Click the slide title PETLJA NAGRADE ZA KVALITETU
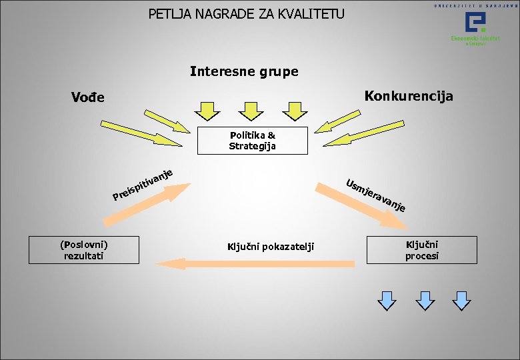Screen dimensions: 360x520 click(246, 13)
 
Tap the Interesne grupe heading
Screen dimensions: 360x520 click(244, 71)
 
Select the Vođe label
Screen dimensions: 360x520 click(88, 98)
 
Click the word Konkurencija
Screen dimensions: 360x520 click(408, 97)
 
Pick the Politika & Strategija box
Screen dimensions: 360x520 click(252, 141)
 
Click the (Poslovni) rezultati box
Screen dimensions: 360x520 click(84, 249)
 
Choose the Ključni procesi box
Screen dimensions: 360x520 click(421, 249)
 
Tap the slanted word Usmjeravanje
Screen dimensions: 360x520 click(376, 195)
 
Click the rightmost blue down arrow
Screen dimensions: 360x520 click(461, 300)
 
